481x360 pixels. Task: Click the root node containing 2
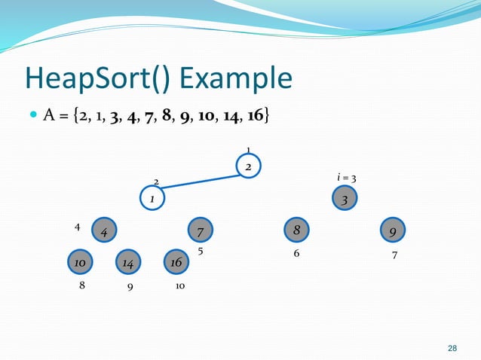(248, 166)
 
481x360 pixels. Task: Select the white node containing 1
(152, 199)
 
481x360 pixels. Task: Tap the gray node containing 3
(345, 200)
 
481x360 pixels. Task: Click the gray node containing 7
(200, 230)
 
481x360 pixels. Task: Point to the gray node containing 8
(296, 229)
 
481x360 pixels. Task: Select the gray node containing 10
(79, 262)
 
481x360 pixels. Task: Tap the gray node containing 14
(128, 262)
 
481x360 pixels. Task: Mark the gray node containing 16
(176, 262)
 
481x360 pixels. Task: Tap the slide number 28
(452, 348)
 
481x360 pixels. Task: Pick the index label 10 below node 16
(180, 286)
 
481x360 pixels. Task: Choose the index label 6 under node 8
(296, 254)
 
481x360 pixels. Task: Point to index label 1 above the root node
(249, 149)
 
